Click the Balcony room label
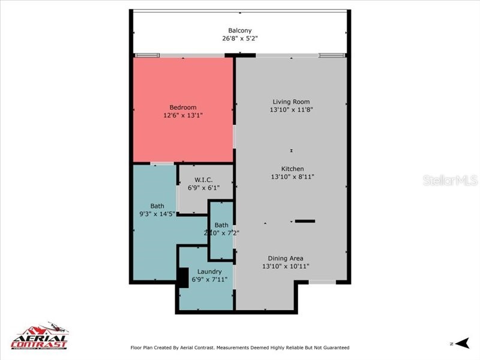tap(239, 31)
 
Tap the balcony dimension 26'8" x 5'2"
tap(239, 39)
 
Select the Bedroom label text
tap(182, 107)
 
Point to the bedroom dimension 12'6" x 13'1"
tap(182, 116)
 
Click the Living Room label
tap(291, 101)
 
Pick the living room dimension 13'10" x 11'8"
tap(291, 110)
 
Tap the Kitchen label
tap(292, 169)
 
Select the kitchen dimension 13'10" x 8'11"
tap(292, 177)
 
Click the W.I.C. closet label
tap(204, 179)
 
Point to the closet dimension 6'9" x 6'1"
tap(204, 188)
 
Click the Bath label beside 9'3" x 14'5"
tap(157, 206)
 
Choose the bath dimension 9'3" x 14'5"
tap(157, 214)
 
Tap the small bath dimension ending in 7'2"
tap(221, 233)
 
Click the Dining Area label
tap(286, 258)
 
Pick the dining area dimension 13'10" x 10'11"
tap(286, 266)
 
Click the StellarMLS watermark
tap(449, 180)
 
